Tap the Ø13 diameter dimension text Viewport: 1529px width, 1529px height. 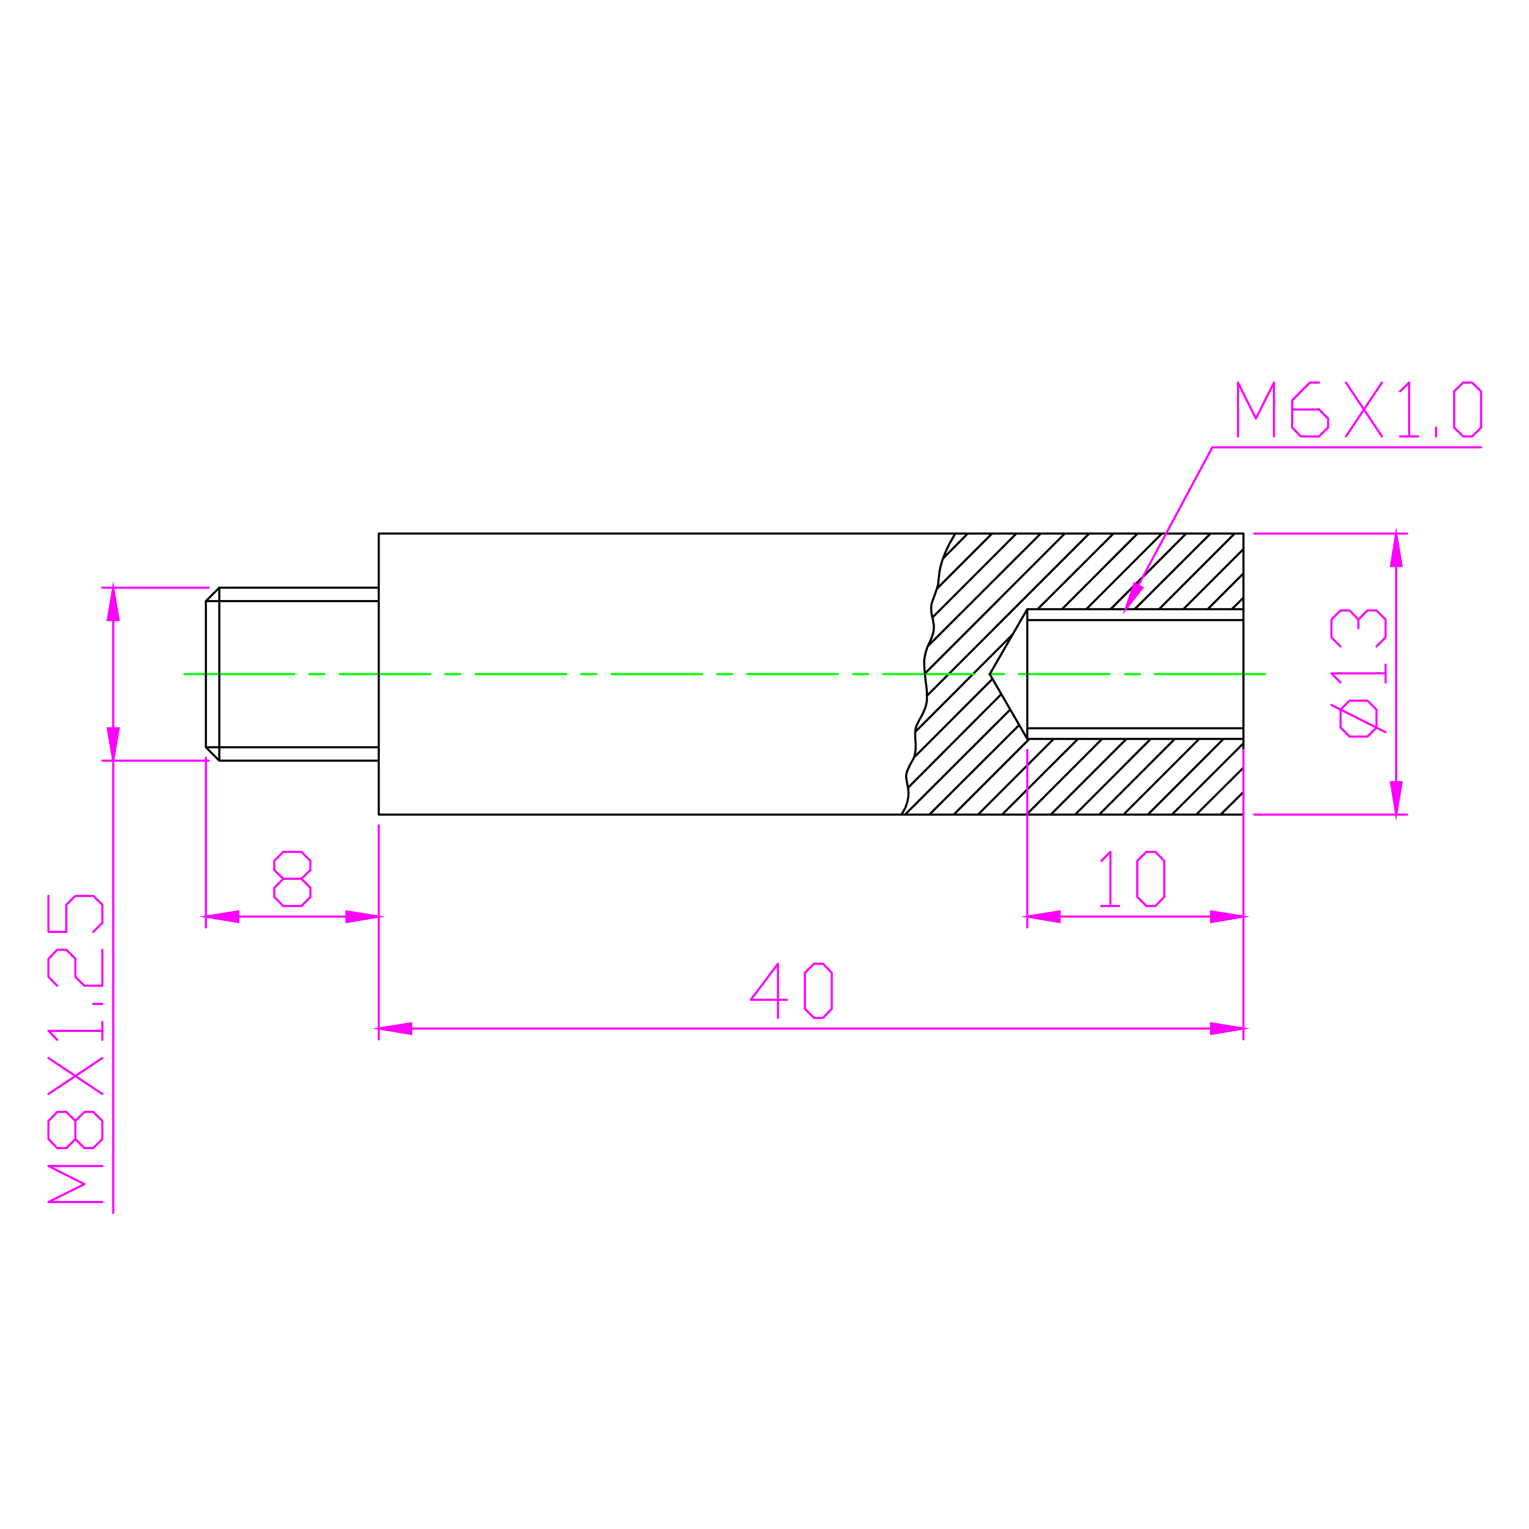[x=1358, y=673]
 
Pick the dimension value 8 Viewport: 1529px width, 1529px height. [x=292, y=878]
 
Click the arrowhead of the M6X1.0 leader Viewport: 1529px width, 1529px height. [x=1133, y=597]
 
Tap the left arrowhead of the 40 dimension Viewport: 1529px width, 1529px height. [x=395, y=1028]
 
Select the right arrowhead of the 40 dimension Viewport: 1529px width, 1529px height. [x=1226, y=1028]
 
